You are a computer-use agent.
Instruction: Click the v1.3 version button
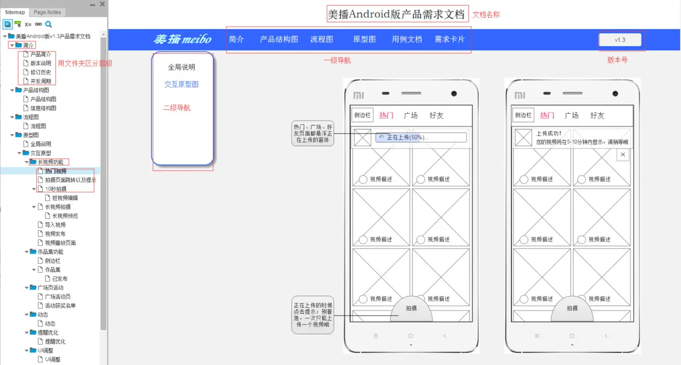620,40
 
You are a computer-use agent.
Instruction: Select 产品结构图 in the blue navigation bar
279,40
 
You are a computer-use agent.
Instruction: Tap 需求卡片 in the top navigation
449,40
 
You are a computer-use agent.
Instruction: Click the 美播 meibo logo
182,40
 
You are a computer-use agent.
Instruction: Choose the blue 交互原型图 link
181,85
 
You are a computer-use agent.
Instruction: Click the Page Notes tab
47,12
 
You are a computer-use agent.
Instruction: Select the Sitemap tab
15,12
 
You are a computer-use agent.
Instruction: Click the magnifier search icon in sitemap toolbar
48,24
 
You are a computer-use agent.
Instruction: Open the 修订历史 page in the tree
41,72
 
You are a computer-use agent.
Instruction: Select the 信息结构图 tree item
43,108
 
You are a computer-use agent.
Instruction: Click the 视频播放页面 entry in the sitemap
60,243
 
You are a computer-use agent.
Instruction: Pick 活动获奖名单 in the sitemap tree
60,306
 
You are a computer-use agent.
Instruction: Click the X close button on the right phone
622,155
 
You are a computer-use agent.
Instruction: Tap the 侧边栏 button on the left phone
362,115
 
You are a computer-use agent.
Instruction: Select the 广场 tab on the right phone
572,115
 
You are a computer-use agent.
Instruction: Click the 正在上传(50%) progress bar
421,137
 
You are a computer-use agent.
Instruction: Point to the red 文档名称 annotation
486,15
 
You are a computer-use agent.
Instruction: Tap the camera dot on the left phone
454,94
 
